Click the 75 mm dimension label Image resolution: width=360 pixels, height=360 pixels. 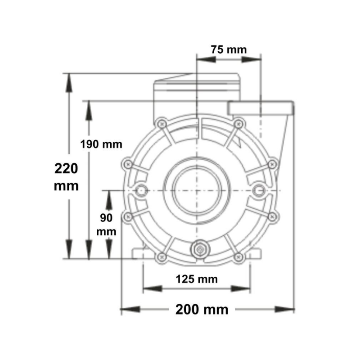pos(229,49)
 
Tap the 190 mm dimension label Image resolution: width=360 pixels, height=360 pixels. pos(101,144)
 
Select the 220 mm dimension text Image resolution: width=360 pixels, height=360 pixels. pos(66,177)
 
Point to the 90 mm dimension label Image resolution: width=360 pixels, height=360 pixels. pos(106,225)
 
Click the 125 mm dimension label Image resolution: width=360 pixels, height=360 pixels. pos(197,279)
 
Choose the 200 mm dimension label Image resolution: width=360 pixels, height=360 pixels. pos(202,310)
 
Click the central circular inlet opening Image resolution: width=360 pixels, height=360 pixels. pos(197,190)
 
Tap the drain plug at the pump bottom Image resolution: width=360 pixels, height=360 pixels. pos(200,249)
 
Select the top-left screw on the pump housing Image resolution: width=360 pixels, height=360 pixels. pos(162,124)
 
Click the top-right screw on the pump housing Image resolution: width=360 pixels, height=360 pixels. pos(238,124)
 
